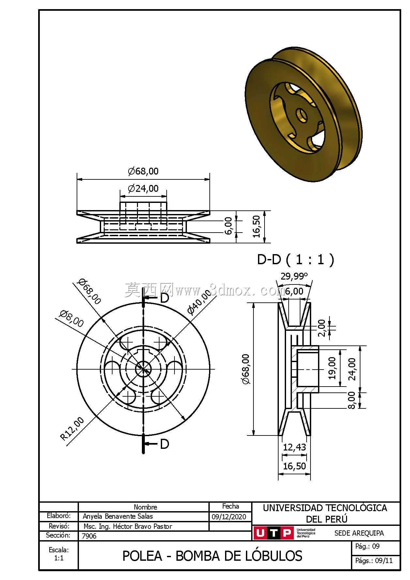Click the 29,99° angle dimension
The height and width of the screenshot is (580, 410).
pyautogui.click(x=294, y=276)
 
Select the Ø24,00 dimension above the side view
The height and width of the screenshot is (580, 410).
pyautogui.click(x=143, y=189)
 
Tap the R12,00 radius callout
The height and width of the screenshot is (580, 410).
pyautogui.click(x=72, y=429)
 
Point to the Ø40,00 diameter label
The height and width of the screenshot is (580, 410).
pyautogui.click(x=199, y=302)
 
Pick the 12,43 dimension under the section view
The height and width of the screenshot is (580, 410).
pyautogui.click(x=294, y=447)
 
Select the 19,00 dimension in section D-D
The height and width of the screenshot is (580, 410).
pyautogui.click(x=332, y=368)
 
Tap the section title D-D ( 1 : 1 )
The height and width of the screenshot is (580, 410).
pyautogui.click(x=296, y=259)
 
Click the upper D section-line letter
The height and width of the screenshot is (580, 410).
pyautogui.click(x=165, y=298)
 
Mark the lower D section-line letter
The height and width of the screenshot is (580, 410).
pyautogui.click(x=165, y=444)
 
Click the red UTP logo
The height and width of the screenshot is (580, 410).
pyautogui.click(x=273, y=533)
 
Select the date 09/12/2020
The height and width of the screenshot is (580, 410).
pyautogui.click(x=229, y=517)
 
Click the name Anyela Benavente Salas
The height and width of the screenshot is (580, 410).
pyautogui.click(x=118, y=516)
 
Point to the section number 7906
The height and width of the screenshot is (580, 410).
pyautogui.click(x=89, y=536)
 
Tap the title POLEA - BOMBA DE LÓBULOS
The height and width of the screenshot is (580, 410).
pyautogui.click(x=212, y=556)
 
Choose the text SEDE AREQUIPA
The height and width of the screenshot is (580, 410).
pyautogui.click(x=359, y=533)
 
